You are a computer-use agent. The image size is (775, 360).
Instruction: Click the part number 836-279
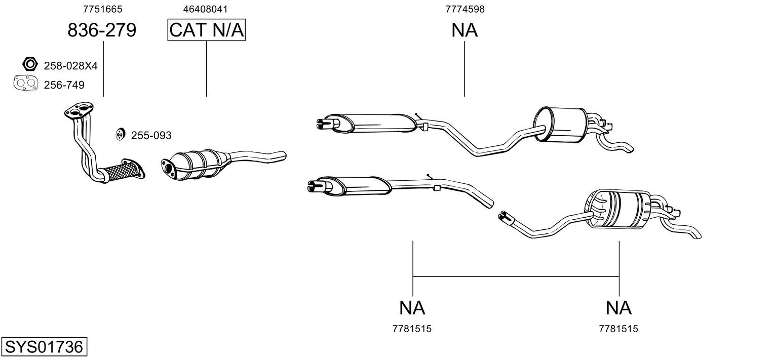102,30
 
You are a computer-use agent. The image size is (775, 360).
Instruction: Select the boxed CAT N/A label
207,30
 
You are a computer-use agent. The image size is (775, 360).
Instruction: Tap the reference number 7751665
103,9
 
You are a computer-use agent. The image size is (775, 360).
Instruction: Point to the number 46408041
206,9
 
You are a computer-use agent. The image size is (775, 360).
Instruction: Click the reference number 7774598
465,9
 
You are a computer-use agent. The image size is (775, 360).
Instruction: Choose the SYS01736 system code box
44,347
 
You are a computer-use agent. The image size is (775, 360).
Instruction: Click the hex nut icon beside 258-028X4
30,64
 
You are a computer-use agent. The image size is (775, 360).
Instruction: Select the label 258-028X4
70,66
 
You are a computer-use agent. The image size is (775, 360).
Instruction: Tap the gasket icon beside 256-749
26,84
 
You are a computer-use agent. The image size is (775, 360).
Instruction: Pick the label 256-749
64,85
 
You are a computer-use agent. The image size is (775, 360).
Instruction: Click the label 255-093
151,136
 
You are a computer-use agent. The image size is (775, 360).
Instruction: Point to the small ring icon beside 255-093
120,135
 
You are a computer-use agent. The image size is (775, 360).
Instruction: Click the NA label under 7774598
464,30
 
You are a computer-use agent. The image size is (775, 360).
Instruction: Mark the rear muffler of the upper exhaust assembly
561,125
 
